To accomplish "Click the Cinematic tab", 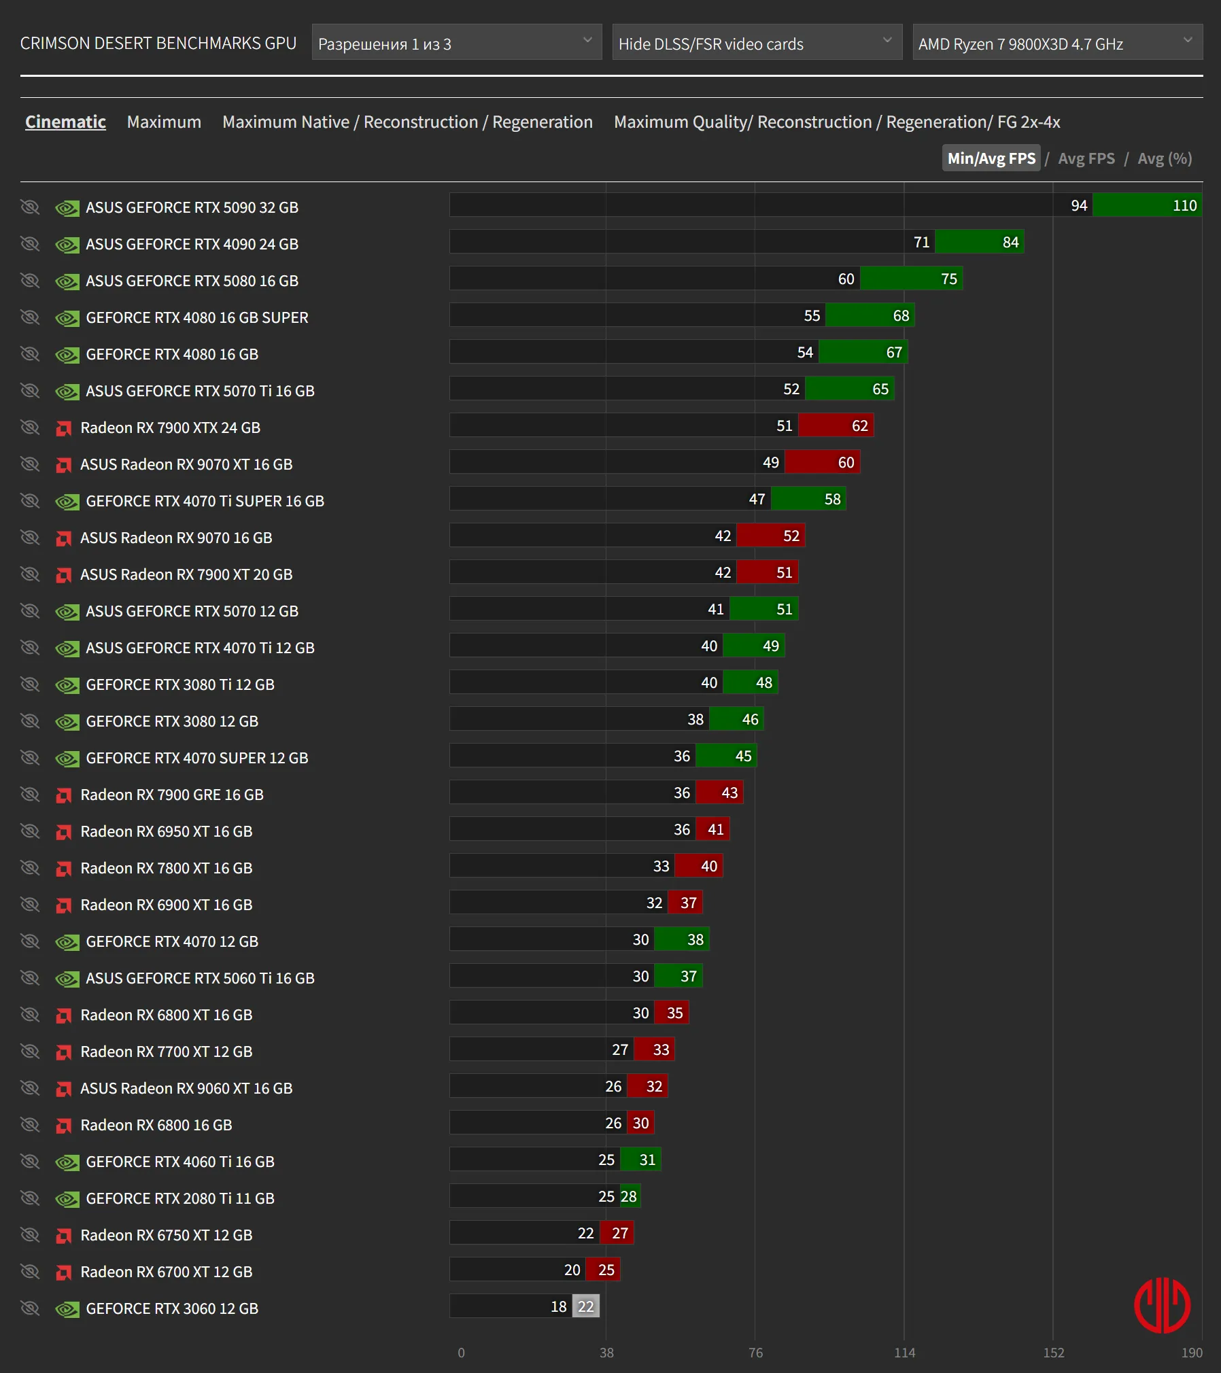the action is pos(65,122).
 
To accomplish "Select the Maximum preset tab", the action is pos(164,122).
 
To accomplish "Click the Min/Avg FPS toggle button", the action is pos(991,158).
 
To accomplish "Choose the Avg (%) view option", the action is pos(1165,158).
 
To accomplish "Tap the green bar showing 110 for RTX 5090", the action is pos(1147,205).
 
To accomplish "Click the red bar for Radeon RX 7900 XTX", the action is pos(836,425).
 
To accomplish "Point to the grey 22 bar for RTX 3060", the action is pos(585,1306).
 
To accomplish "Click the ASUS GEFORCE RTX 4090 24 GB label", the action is pos(192,244).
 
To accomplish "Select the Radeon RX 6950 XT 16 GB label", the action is pos(166,831).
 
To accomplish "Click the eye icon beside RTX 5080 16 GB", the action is pos(30,280).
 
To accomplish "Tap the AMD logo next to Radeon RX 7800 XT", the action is pos(64,868).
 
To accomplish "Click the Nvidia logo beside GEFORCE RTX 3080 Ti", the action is pos(67,685).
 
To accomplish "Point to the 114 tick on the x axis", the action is pos(904,1353).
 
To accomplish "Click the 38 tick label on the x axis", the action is pos(606,1353).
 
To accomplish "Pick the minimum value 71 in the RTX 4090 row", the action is pos(921,242).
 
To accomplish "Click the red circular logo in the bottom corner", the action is pos(1162,1305).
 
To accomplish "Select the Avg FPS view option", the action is pos(1086,158).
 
